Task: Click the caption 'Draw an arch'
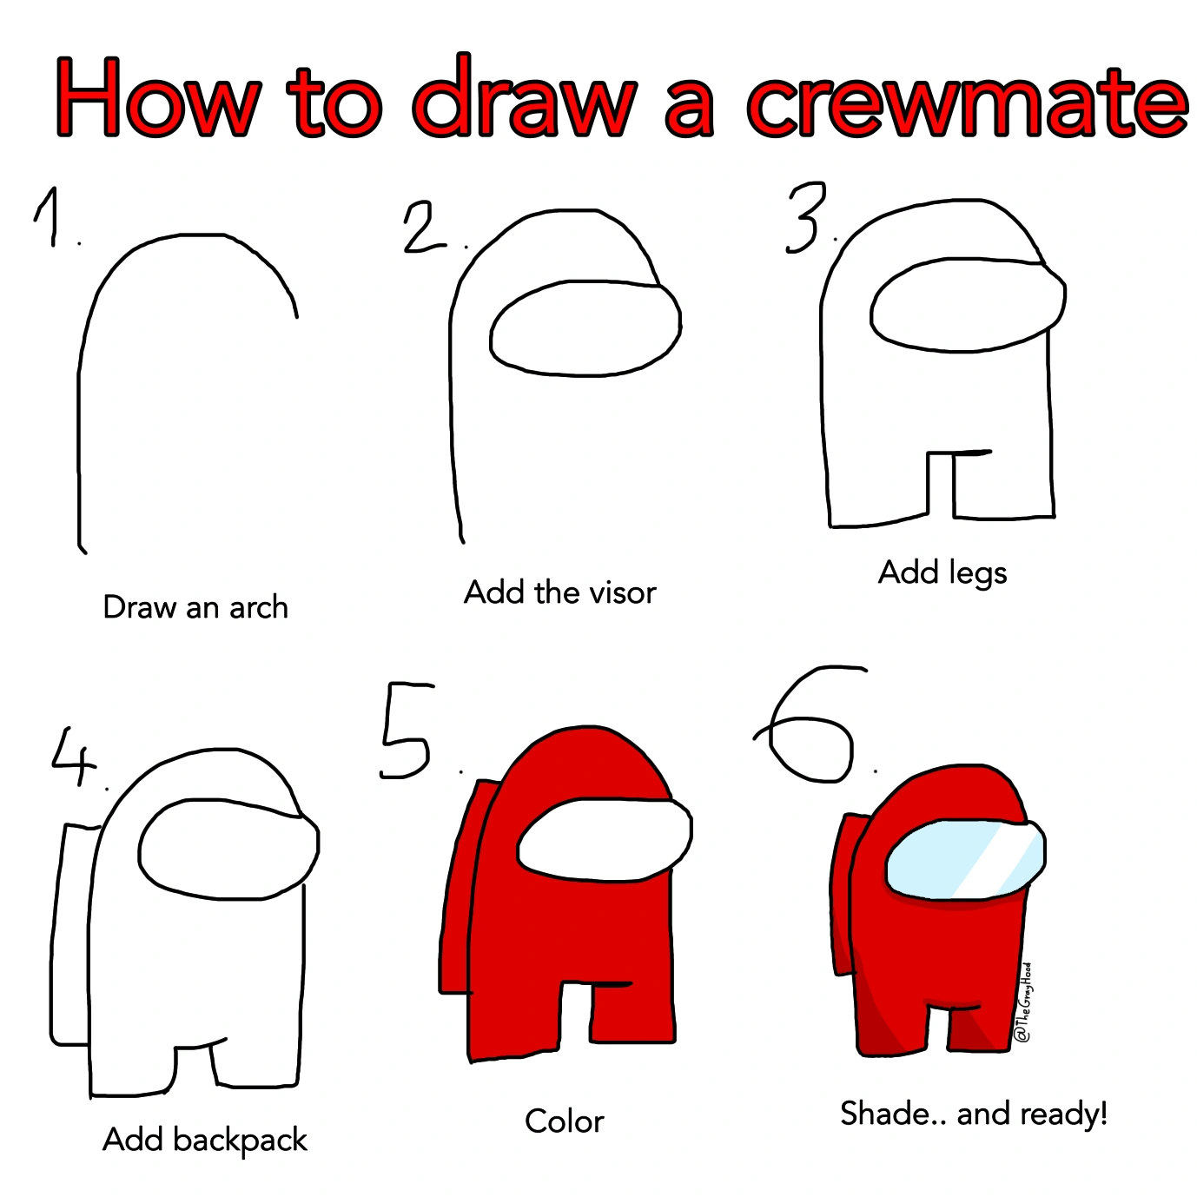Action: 195,607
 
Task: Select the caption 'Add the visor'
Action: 560,592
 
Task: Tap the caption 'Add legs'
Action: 942,573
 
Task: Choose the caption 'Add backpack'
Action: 205,1140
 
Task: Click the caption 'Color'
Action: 564,1121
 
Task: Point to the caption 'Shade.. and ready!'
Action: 974,1114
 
